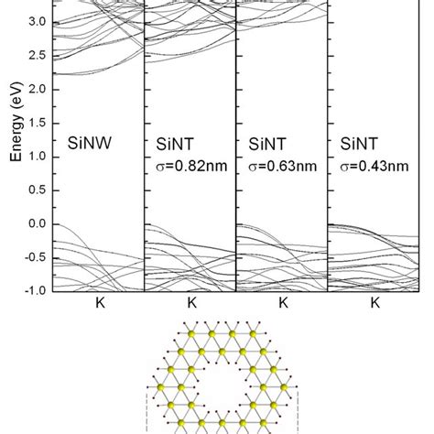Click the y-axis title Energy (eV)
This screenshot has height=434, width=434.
[x=16, y=127]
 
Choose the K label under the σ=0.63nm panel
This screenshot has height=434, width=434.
[x=283, y=302]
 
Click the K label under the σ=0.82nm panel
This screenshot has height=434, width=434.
[x=191, y=302]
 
